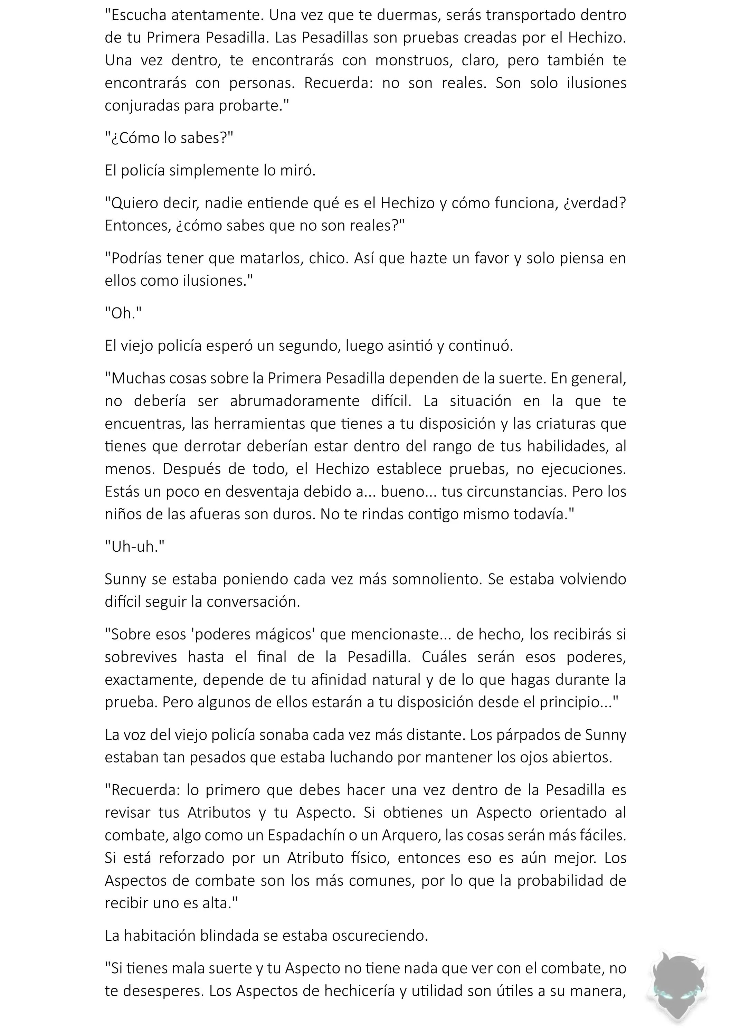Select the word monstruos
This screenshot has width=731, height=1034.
click(x=414, y=60)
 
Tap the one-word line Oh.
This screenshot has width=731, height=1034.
click(x=123, y=313)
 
